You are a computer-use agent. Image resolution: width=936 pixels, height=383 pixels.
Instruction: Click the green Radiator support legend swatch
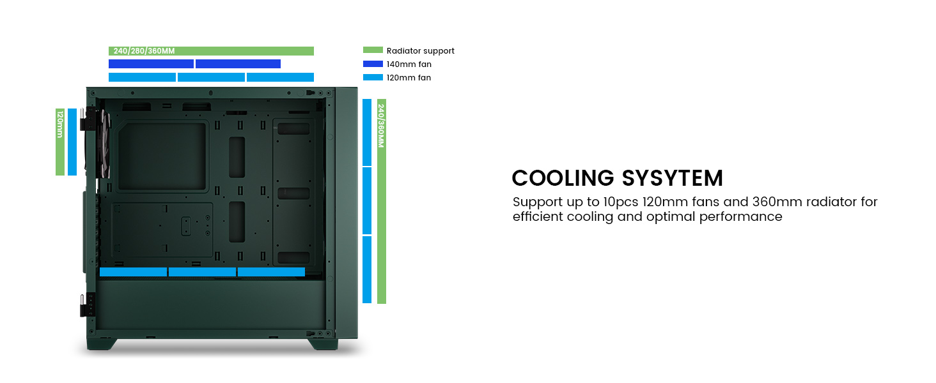tap(373, 50)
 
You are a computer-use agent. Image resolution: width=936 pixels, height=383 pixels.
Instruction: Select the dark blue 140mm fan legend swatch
tap(373, 64)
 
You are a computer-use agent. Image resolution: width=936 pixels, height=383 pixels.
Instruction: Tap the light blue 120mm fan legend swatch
tap(373, 77)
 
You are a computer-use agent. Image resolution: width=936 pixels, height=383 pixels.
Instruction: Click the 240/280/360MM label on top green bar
tap(143, 51)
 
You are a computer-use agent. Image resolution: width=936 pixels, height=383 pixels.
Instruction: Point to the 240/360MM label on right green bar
tap(381, 126)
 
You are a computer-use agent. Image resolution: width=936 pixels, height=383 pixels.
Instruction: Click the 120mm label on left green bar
tap(60, 124)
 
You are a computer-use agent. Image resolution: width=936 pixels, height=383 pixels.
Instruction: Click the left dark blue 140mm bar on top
tap(151, 64)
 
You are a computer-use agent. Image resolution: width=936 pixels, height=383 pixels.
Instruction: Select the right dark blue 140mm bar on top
tap(238, 64)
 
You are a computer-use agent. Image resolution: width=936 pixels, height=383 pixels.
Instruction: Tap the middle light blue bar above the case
tap(211, 77)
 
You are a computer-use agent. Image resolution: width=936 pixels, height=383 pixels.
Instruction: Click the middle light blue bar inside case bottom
tap(202, 272)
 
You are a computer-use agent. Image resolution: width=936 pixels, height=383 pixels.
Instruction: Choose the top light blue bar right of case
tap(367, 132)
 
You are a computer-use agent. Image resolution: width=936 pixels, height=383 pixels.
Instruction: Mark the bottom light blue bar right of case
tap(367, 269)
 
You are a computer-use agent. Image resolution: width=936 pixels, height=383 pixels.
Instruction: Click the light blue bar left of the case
tap(72, 142)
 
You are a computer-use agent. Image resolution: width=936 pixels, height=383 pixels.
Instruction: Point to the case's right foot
tap(323, 343)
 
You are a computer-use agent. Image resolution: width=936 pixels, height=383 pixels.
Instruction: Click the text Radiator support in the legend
tap(420, 50)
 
